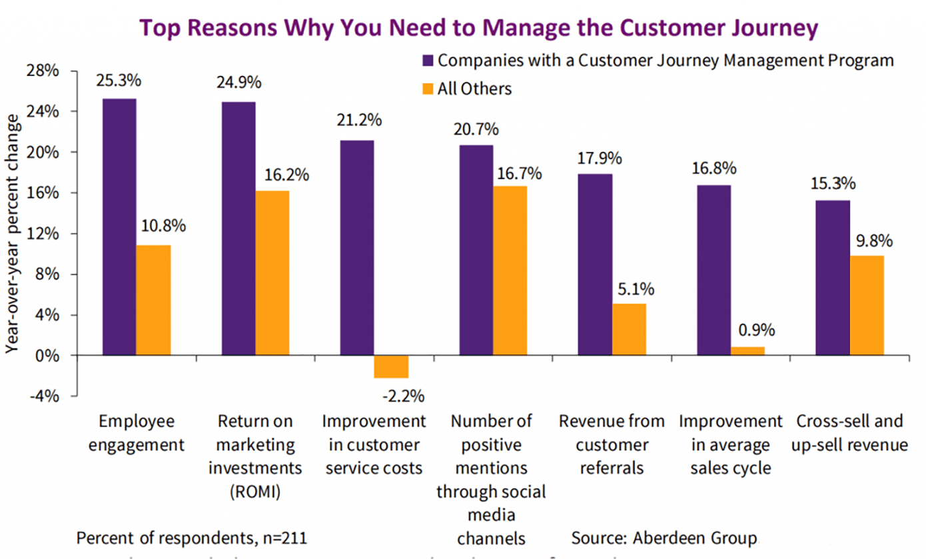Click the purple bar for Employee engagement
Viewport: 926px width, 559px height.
tap(119, 227)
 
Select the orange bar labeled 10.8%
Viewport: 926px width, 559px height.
tap(153, 300)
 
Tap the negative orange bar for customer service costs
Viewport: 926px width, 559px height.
tap(391, 366)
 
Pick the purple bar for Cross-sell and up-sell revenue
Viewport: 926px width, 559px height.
tap(833, 278)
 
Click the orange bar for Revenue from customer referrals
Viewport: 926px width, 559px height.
tap(629, 330)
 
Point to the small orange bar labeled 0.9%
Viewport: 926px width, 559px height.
tap(748, 351)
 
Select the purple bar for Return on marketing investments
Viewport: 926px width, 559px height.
tap(238, 229)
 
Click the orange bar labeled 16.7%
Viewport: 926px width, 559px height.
tap(510, 271)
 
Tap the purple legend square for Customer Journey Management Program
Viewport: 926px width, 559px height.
tap(428, 61)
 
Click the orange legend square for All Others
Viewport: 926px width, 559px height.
tap(428, 89)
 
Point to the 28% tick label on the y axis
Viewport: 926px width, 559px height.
tap(43, 71)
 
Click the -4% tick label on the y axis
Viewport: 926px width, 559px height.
tap(45, 396)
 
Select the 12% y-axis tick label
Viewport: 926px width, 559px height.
tap(43, 234)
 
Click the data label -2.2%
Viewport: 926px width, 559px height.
tap(404, 396)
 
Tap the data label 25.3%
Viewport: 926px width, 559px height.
tap(119, 81)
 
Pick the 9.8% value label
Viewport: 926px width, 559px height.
tap(874, 241)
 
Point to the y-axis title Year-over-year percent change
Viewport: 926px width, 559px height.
tap(13, 234)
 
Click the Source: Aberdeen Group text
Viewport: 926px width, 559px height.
tap(664, 538)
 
